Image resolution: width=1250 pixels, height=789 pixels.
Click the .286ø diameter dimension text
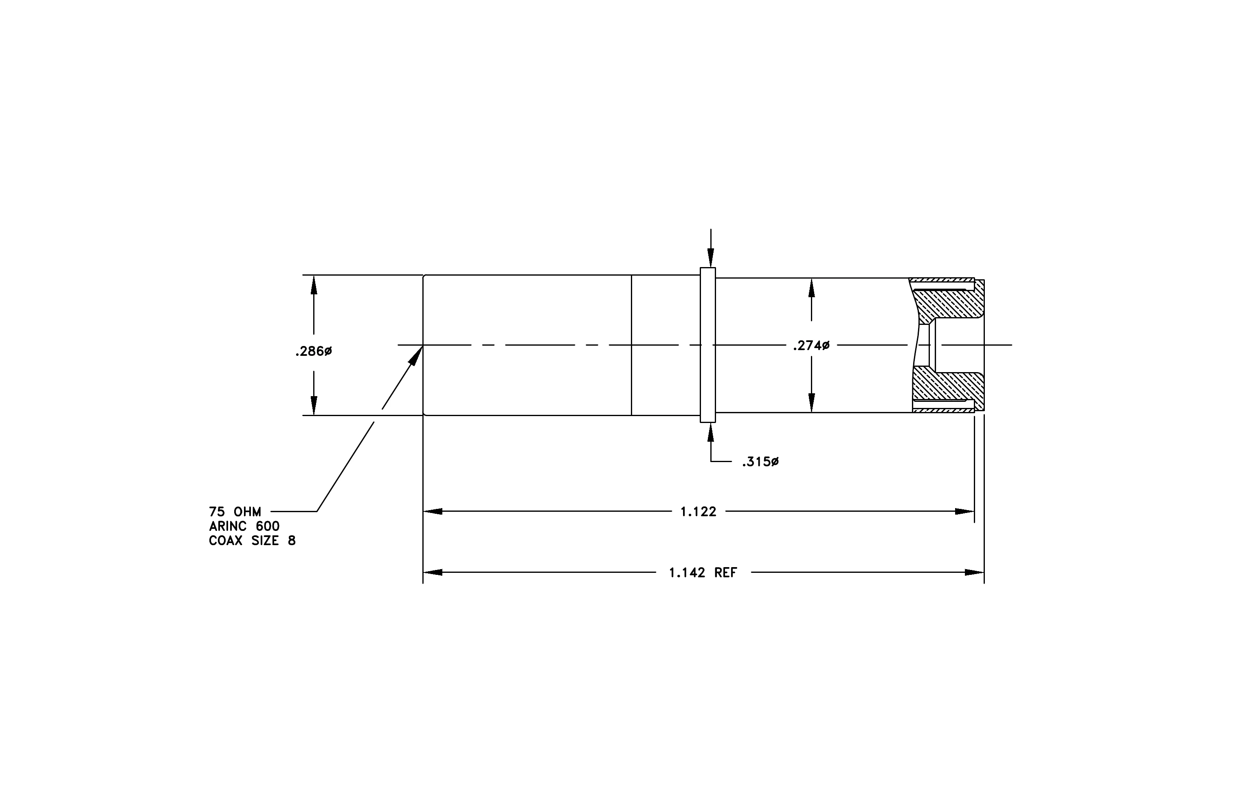coord(314,352)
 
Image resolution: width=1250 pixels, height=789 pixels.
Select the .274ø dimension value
coord(811,346)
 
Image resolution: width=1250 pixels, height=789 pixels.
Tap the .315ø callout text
coord(760,462)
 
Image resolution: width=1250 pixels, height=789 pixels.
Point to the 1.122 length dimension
coord(698,512)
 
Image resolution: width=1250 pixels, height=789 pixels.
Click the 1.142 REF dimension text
coord(703,573)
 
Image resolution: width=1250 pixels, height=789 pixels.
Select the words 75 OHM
coord(235,512)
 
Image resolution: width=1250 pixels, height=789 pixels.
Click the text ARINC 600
coord(244,526)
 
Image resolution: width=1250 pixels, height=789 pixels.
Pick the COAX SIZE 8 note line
coord(252,541)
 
